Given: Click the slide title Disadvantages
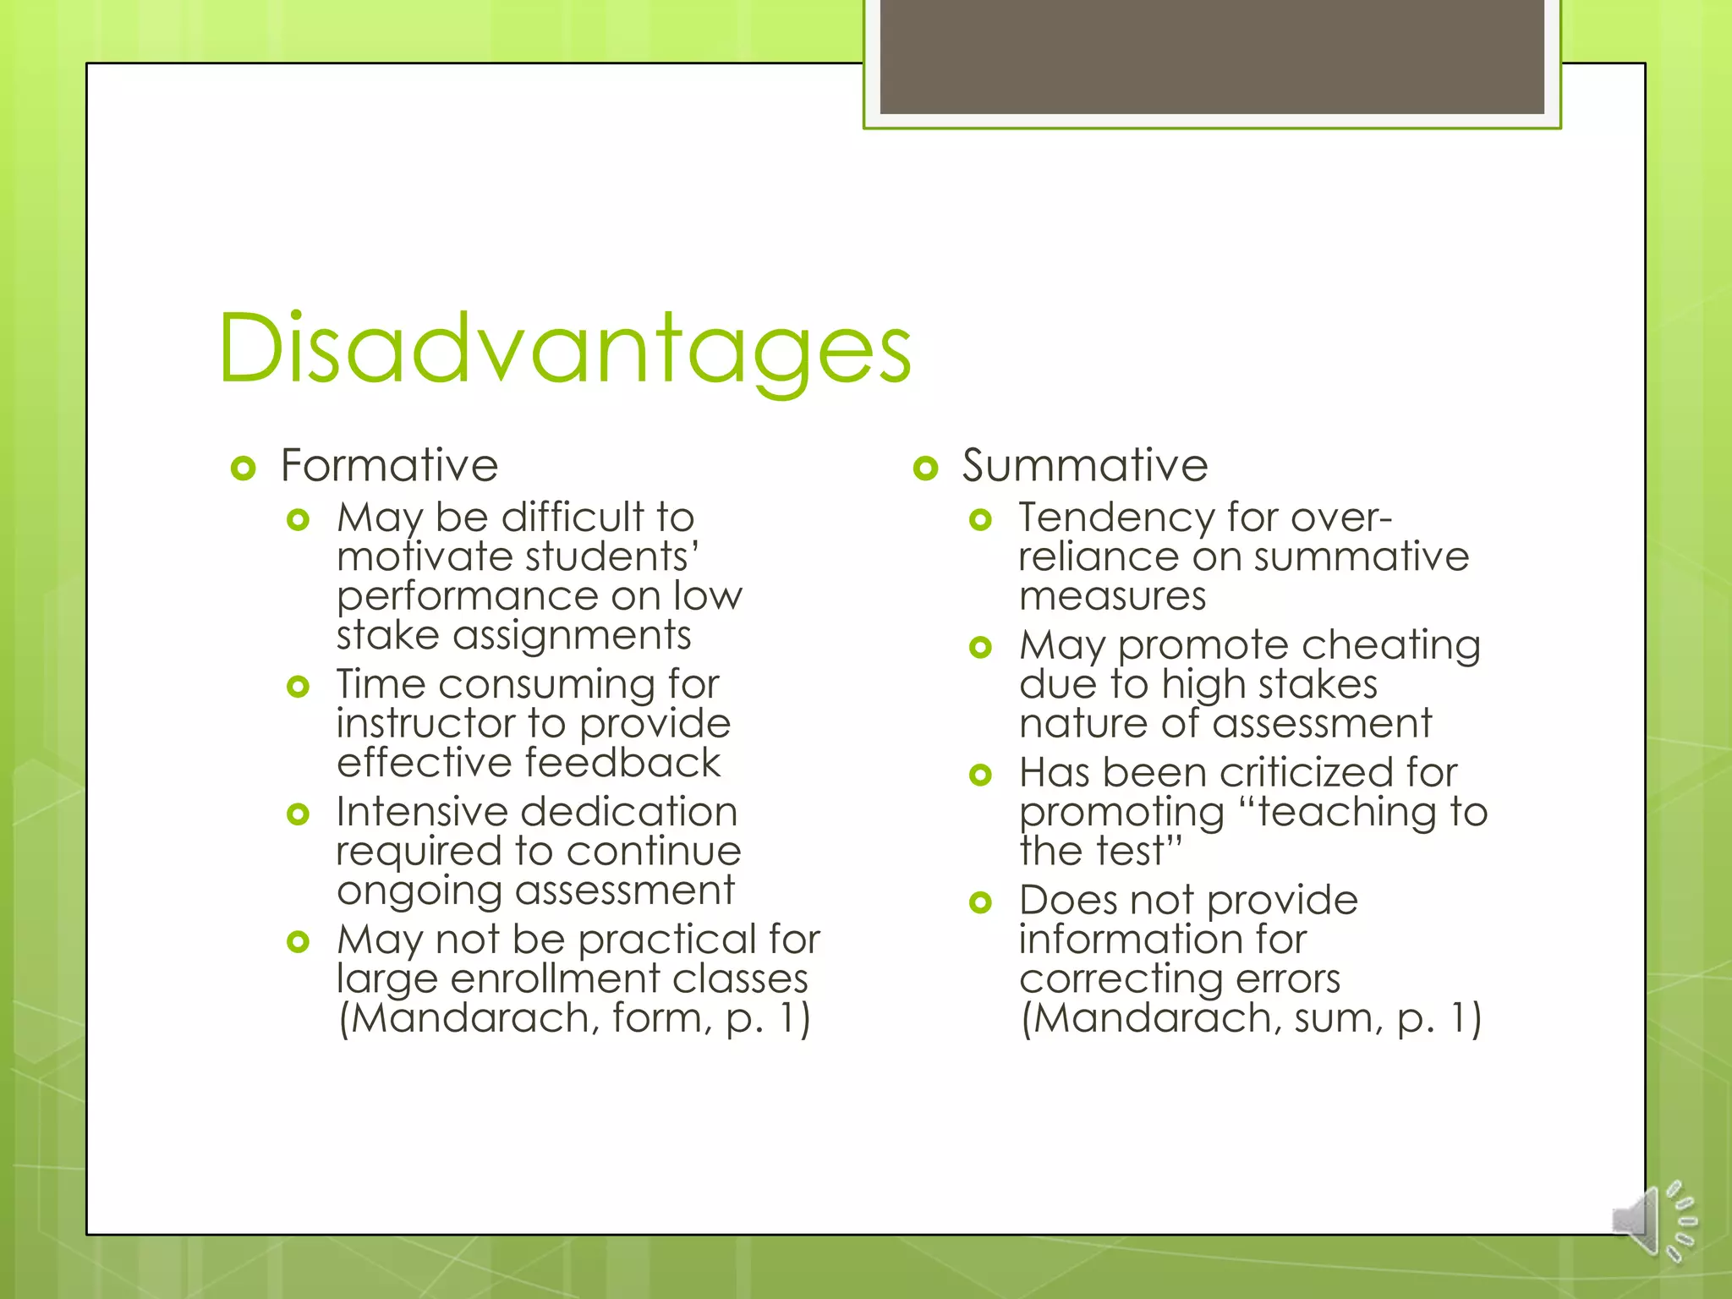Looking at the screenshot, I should (564, 348).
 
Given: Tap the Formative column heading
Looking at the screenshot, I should (389, 465).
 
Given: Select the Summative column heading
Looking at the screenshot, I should (1085, 465).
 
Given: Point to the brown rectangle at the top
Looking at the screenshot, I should (1212, 57).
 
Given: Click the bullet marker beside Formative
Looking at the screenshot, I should (243, 468).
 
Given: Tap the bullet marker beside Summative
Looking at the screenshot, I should (926, 468).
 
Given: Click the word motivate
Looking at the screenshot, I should (425, 557).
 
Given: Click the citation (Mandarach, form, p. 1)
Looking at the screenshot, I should (574, 1018).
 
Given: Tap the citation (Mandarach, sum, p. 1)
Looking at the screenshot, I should (1251, 1018).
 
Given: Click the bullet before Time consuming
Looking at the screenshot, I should (298, 686).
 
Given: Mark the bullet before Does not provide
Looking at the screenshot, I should (980, 902).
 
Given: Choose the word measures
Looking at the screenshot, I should (1112, 596).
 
